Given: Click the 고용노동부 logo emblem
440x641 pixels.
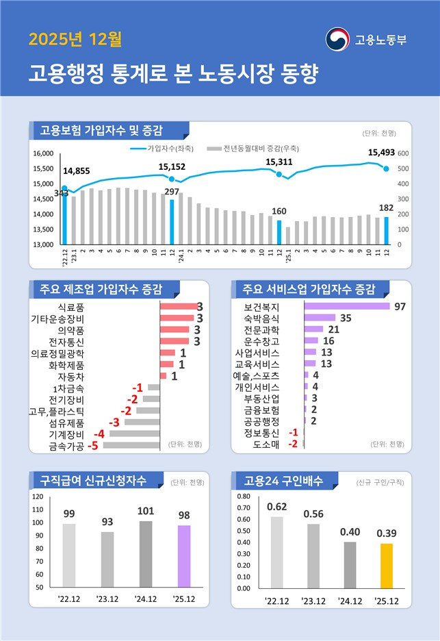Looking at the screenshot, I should pos(337,38).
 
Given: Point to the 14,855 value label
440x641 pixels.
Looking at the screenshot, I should pos(76,171).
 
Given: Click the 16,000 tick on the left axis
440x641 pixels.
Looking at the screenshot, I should pos(43,153).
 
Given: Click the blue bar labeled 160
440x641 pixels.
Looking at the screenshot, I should pos(279,232).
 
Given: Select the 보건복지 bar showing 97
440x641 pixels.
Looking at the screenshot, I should pos(347,306).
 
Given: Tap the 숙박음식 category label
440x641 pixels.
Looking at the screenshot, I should pos(261,318).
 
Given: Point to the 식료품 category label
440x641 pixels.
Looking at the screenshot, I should pos(72,306).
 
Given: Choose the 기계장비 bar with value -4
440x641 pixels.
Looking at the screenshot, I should pos(134,433).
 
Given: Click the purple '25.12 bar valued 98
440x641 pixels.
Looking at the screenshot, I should pos(184,556).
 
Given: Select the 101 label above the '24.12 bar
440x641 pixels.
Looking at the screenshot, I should pos(146,511).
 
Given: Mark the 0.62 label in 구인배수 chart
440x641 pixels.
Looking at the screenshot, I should pos(276,507).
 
